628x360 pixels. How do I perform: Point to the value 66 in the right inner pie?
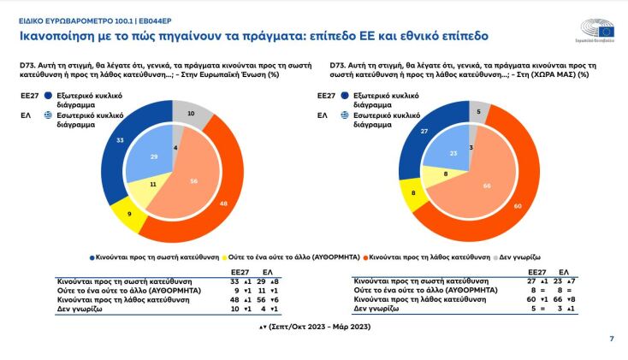pyautogui.click(x=486, y=186)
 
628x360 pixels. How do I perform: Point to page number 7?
pyautogui.click(x=611, y=339)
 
